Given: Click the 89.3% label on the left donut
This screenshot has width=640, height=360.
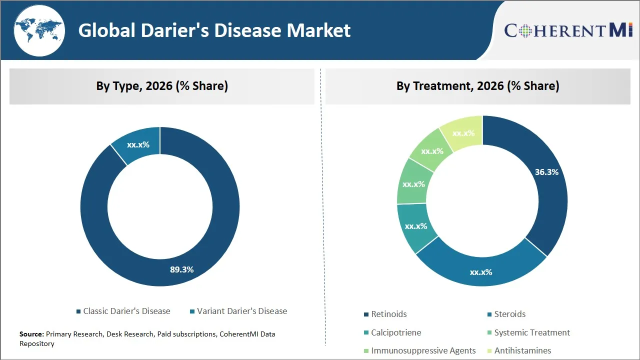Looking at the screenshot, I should (181, 269).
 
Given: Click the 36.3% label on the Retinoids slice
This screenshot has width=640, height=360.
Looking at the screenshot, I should (546, 172).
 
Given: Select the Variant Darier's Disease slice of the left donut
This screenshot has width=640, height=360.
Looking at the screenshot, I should (137, 145).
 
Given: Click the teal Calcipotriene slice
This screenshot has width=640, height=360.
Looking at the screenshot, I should (415, 226).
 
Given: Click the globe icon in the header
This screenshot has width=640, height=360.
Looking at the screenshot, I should (39, 30).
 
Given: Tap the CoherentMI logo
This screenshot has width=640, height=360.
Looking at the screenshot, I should (568, 30).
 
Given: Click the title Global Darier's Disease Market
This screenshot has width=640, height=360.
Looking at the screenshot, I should (214, 30).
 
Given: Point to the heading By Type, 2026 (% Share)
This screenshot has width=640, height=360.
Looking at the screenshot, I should (162, 86).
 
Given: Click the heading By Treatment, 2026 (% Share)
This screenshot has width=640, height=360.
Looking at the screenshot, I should (477, 86).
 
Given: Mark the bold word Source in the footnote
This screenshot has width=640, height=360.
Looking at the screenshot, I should (31, 334).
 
